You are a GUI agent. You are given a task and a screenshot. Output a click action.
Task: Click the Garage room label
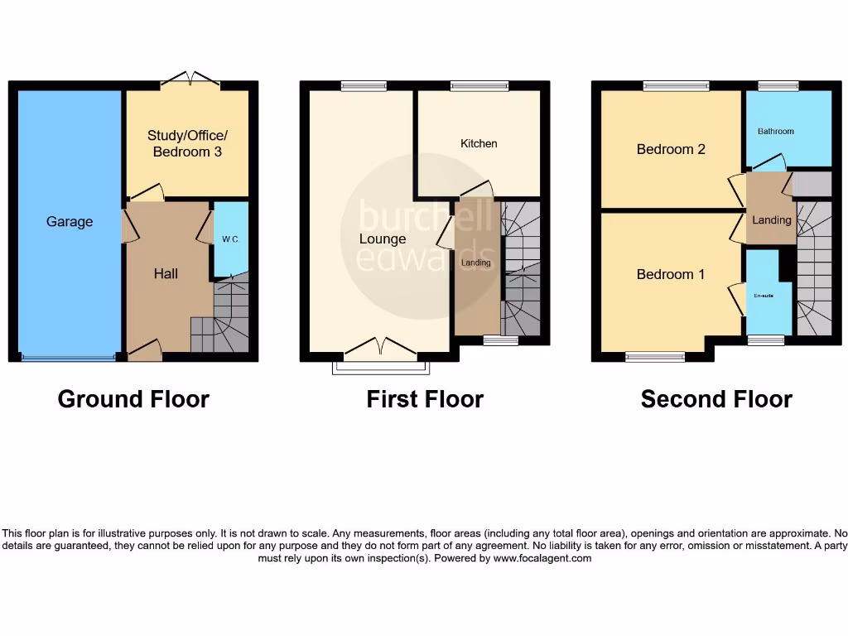(70, 222)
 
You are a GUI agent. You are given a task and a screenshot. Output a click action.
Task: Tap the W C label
(229, 239)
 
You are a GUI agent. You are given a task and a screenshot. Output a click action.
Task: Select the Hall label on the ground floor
(166, 273)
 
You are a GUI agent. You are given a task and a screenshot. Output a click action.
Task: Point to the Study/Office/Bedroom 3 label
(187, 143)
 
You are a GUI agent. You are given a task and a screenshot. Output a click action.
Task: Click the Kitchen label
(479, 143)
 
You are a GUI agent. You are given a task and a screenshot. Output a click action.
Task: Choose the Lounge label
(383, 239)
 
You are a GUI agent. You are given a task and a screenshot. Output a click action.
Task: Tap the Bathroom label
(776, 131)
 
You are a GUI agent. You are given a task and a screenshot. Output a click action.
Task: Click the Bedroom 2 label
(671, 149)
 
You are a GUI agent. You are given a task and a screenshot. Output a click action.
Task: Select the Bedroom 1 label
(671, 274)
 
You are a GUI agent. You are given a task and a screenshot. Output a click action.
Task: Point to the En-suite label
(763, 296)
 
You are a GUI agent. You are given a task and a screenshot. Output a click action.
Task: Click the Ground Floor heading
(133, 399)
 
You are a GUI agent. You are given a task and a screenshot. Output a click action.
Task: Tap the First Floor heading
(425, 399)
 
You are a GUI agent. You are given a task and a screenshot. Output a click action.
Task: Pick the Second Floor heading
(716, 399)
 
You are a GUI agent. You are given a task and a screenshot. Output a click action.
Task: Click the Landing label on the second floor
(772, 220)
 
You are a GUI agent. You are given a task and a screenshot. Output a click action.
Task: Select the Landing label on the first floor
(476, 263)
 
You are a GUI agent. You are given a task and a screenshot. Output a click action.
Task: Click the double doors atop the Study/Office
(190, 79)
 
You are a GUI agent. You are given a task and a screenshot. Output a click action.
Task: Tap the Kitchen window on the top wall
(479, 84)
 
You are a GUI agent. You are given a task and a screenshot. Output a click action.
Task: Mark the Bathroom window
(778, 84)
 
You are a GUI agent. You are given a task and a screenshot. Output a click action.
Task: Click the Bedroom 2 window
(677, 84)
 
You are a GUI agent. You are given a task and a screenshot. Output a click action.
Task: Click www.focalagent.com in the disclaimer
(542, 558)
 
